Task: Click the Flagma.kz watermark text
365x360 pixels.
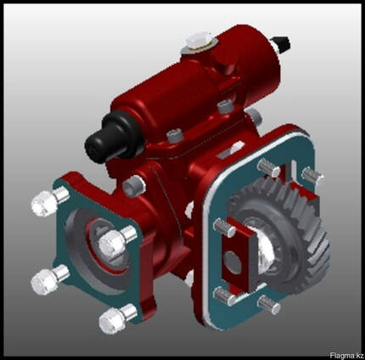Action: click(x=346, y=355)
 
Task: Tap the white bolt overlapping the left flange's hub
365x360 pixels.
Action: click(x=116, y=242)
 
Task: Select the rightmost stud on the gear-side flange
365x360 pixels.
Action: click(x=312, y=176)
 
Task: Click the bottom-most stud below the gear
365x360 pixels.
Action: click(x=269, y=305)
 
